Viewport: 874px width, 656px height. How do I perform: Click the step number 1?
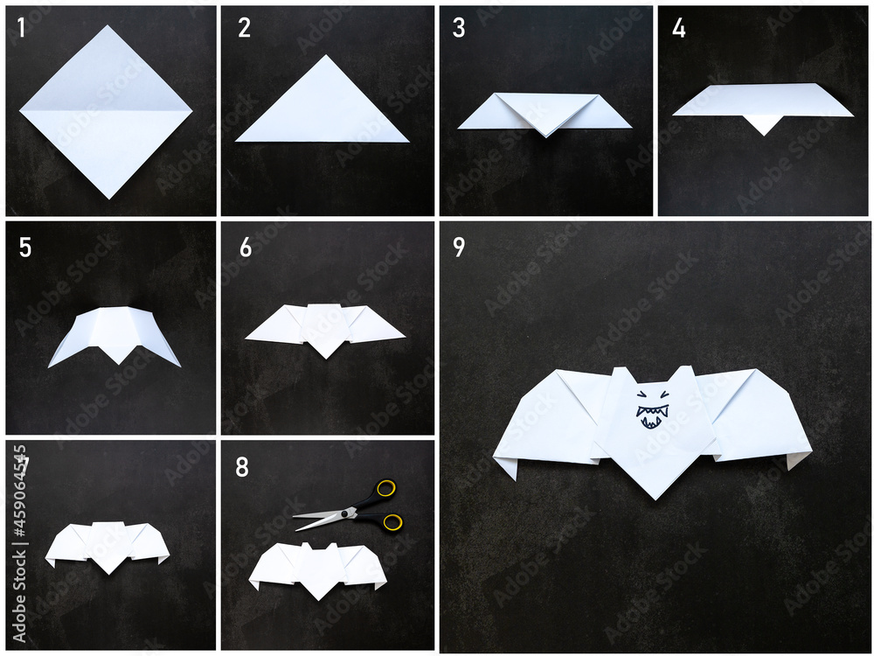click(21, 28)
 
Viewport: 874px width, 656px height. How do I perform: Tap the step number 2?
click(244, 28)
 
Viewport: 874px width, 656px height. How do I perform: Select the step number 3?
click(459, 28)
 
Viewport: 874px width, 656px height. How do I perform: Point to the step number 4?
click(678, 28)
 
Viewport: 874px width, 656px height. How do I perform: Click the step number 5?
click(24, 248)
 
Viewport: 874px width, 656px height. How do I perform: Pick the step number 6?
click(245, 248)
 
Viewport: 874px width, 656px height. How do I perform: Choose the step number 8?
click(241, 468)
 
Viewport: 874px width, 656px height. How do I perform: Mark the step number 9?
click(459, 248)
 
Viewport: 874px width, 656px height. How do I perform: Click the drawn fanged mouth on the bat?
click(652, 416)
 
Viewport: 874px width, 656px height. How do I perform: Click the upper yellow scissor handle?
click(385, 488)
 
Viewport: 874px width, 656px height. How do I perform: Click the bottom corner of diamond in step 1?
click(108, 196)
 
